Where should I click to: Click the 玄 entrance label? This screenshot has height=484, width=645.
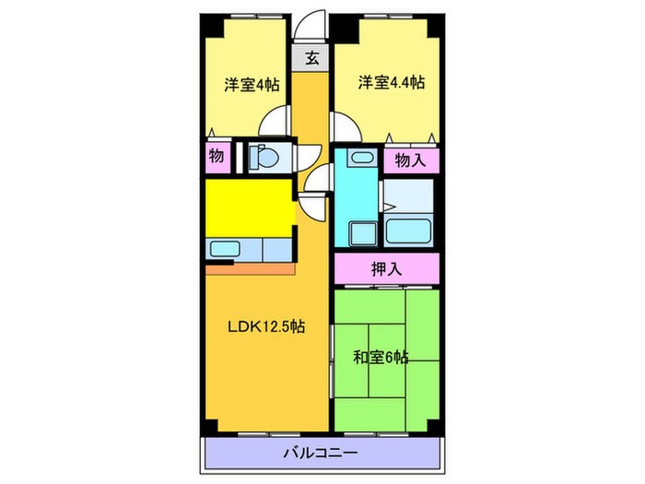tap(312, 58)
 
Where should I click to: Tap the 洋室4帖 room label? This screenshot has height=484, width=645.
tap(252, 84)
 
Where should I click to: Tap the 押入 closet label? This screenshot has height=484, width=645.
tap(385, 269)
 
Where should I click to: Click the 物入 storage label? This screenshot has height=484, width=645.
tap(410, 160)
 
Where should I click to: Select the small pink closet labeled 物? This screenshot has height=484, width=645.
tap(217, 157)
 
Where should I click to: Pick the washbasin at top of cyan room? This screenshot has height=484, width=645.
tap(358, 158)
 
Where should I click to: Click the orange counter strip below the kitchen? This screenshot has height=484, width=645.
tap(249, 269)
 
